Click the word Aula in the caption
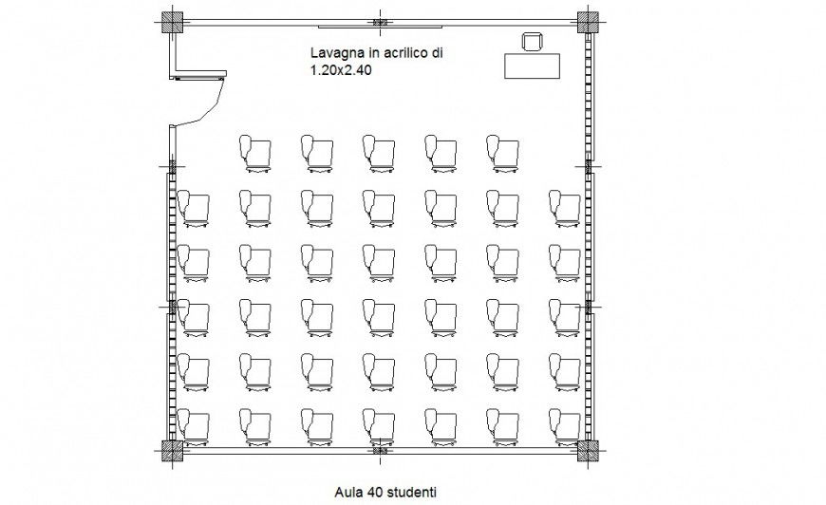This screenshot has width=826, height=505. [348, 492]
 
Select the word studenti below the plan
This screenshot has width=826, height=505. [409, 492]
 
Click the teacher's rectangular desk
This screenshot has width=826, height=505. [533, 65]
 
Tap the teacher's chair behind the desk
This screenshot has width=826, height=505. [532, 41]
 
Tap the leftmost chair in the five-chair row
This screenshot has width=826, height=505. [255, 153]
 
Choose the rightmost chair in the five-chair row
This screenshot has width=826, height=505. [502, 153]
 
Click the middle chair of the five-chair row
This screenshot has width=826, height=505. [379, 153]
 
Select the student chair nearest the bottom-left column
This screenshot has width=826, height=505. [194, 427]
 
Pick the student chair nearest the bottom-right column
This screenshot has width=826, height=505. [564, 427]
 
